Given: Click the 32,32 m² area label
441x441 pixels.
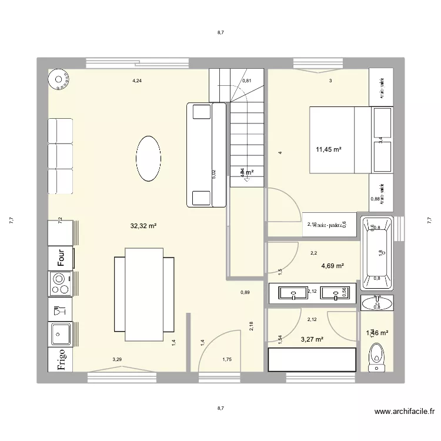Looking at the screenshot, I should point(143,225).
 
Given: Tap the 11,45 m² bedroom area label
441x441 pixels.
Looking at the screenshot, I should point(329,149).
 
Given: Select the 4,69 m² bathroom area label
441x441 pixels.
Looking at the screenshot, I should point(332,266).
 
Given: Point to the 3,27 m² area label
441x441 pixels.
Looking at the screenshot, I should point(312,339).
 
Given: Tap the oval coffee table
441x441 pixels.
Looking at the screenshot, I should point(148,158).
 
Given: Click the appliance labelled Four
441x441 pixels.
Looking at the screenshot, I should point(61,257).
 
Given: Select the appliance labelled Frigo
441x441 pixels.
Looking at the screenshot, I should point(61,359).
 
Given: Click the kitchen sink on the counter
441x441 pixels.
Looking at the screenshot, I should point(59,334).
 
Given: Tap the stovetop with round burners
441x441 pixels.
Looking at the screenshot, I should point(60,282).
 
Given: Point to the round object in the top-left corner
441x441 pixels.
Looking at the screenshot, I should point(60,81).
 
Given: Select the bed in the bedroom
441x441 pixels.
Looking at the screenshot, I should point(339,140).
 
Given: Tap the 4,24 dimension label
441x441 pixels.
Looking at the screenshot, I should point(136,81).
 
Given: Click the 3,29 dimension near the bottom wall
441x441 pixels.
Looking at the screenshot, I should point(118,359).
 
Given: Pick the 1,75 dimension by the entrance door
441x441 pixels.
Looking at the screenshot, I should point(227,359).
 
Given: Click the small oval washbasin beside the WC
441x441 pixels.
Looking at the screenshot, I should point(377,303).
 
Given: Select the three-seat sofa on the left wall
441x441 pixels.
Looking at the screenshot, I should point(61,156).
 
